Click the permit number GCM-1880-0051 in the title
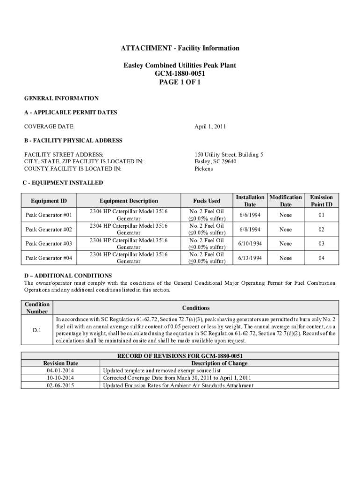pos(180,74)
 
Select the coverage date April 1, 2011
pos(210,126)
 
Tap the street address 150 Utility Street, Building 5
pos(229,154)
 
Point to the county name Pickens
pos(203,168)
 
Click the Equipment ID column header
pos(49,201)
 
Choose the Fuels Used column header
pos(207,201)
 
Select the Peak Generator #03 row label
pos(49,244)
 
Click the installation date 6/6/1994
pos(250,215)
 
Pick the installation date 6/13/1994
pos(250,258)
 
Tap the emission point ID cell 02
pos(321,229)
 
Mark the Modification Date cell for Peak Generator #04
pos(285,258)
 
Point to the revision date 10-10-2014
pos(60,378)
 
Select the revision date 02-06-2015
pos(60,385)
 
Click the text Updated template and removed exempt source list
pos(161,370)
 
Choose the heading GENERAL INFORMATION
pos(61,98)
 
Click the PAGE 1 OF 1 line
pos(180,82)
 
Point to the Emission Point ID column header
pos(321,201)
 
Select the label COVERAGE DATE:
pos(49,126)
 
